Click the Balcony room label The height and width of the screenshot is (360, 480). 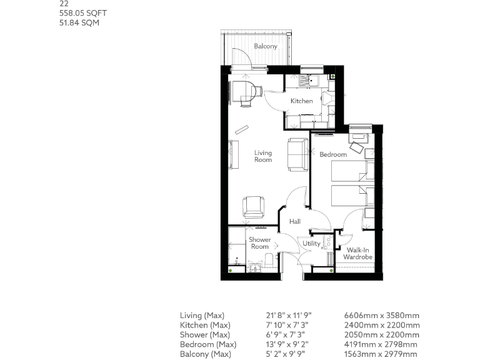(x=266, y=47)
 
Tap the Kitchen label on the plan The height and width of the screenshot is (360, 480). (x=301, y=101)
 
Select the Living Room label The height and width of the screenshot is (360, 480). (x=263, y=156)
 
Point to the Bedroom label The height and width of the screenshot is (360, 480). (x=332, y=154)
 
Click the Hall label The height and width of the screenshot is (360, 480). (x=295, y=221)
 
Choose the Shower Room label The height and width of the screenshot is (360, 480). (x=260, y=243)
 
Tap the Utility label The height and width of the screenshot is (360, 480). (x=311, y=244)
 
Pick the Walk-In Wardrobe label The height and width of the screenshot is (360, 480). (x=357, y=253)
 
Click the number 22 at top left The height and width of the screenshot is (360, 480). (x=64, y=3)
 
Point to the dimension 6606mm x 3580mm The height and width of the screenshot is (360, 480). (x=382, y=316)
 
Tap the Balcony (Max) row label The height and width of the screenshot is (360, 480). (x=205, y=354)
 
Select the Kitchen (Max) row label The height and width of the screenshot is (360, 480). (x=205, y=325)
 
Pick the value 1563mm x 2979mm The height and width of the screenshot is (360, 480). (x=382, y=354)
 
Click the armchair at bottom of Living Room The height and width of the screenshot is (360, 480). (x=254, y=207)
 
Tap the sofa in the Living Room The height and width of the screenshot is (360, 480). (x=296, y=154)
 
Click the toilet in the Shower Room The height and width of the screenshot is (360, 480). (x=269, y=261)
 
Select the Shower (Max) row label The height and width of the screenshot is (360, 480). (x=204, y=335)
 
